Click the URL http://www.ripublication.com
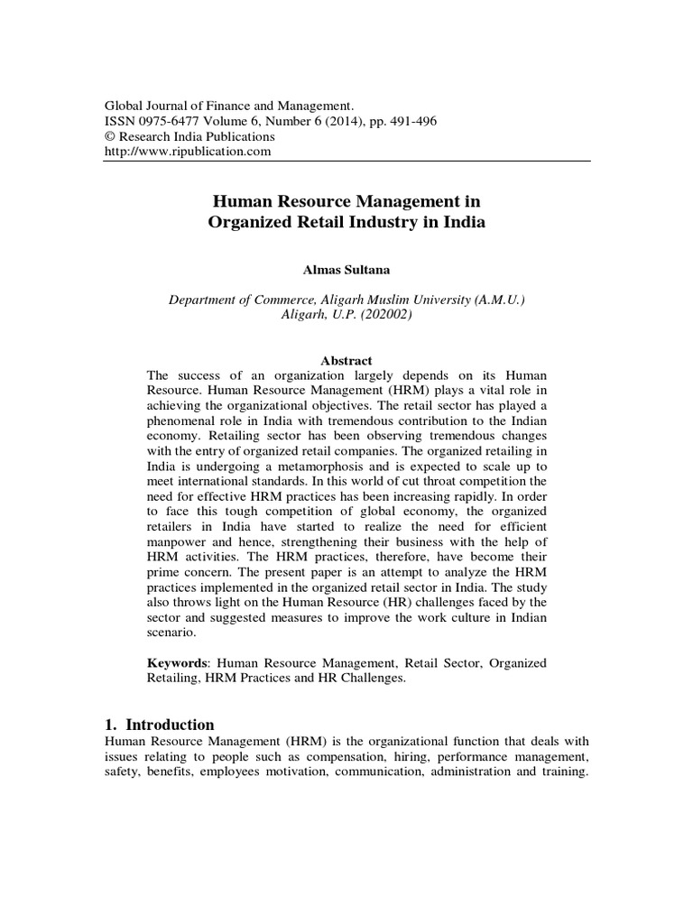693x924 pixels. point(189,152)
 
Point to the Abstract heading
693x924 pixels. point(346,361)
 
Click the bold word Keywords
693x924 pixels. point(179,663)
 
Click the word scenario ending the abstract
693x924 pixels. point(171,633)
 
